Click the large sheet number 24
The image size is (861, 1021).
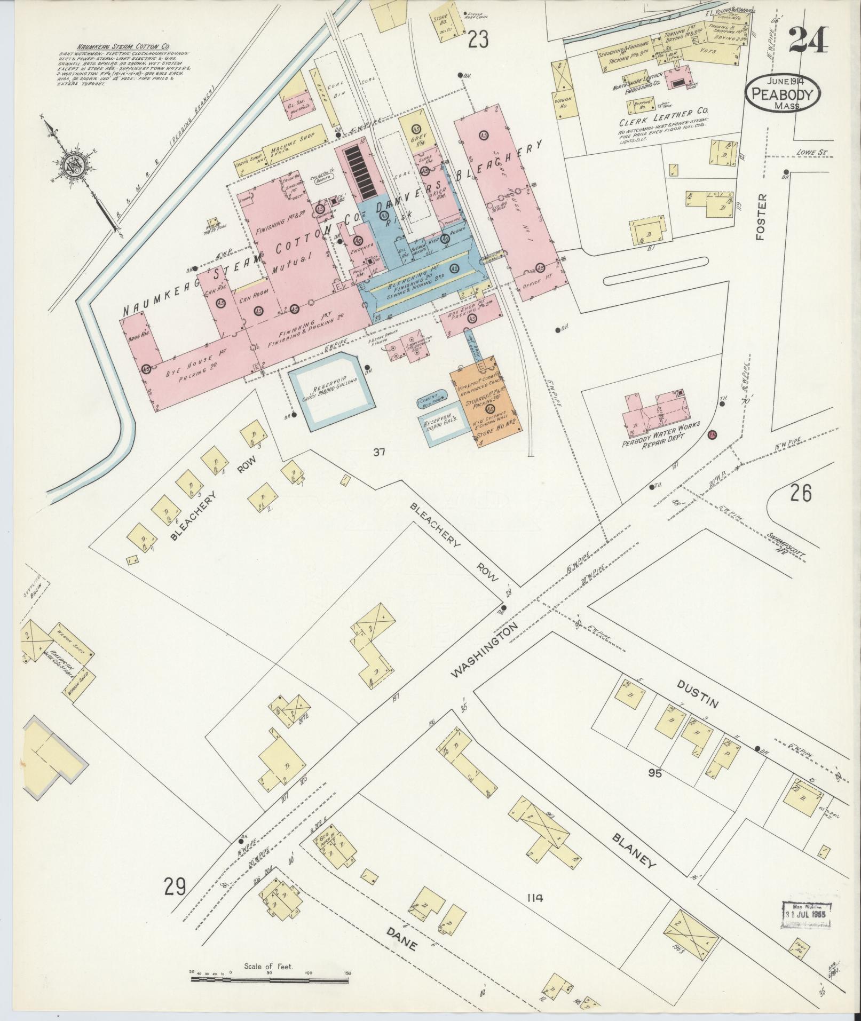click(808, 40)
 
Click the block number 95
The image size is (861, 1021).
click(654, 772)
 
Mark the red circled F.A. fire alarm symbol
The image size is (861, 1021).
click(712, 436)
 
